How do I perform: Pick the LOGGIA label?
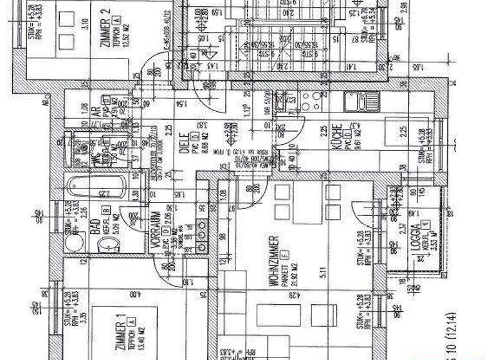(417, 239)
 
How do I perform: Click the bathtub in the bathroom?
(96, 188)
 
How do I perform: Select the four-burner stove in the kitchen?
(311, 101)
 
